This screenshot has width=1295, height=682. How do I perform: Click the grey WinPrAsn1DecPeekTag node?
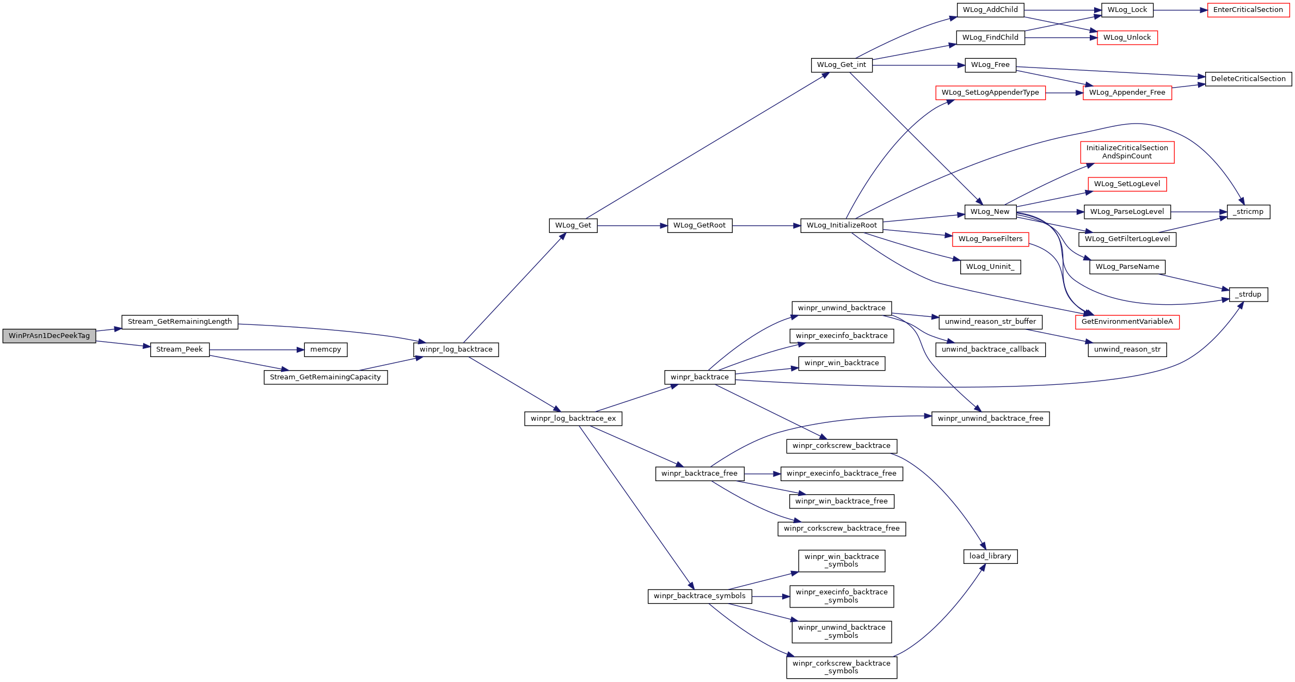tap(49, 336)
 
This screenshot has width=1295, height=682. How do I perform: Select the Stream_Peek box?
tap(179, 349)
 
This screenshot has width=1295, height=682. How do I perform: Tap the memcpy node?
tap(326, 349)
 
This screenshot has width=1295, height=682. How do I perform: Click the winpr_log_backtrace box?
tap(456, 349)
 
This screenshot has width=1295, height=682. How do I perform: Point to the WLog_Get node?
tap(573, 225)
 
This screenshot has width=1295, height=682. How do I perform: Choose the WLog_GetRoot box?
tap(699, 225)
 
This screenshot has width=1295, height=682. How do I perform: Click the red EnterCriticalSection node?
tap(1248, 10)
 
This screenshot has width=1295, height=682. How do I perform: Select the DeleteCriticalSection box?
tap(1248, 79)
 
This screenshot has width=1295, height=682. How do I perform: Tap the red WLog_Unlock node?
tap(1127, 38)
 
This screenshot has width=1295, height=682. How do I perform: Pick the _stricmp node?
tap(1248, 212)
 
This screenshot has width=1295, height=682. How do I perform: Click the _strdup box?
tap(1248, 294)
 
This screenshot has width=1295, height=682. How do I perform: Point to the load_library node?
tap(990, 556)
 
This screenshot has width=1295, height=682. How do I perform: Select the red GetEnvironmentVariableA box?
tap(1127, 322)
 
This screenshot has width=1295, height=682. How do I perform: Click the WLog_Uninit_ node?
tap(990, 267)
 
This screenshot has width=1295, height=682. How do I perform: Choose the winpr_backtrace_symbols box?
tap(699, 596)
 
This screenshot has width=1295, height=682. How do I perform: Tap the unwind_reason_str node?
tap(1127, 349)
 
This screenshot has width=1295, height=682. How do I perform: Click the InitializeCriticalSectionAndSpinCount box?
tap(1127, 152)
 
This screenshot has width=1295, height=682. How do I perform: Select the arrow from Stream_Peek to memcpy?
tap(256, 350)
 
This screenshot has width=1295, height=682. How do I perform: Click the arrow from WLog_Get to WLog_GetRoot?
tap(631, 225)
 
